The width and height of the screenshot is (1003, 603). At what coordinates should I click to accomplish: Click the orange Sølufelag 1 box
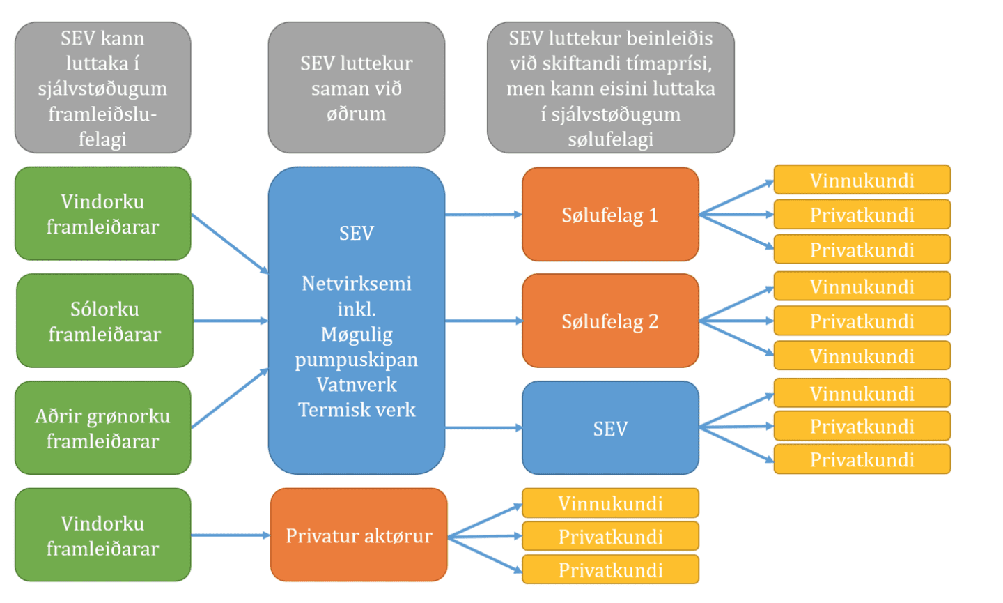click(x=610, y=215)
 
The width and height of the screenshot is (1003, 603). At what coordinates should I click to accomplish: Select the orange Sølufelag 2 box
click(x=610, y=321)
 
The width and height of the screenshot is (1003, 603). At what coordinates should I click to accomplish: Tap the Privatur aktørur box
click(x=359, y=535)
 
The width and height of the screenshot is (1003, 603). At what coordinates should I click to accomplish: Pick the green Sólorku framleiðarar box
click(x=104, y=321)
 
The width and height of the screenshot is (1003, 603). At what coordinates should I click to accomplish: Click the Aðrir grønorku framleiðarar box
click(x=103, y=428)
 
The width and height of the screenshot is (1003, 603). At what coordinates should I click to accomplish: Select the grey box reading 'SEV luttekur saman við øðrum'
click(x=356, y=88)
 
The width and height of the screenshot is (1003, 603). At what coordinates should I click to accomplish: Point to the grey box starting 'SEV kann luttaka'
click(x=102, y=88)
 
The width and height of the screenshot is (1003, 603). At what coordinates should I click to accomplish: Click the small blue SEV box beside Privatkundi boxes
click(x=610, y=428)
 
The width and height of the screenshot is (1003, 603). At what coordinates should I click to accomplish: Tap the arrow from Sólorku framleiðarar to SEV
click(x=230, y=321)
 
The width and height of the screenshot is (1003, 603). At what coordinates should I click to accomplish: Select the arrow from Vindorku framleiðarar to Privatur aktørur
click(x=230, y=535)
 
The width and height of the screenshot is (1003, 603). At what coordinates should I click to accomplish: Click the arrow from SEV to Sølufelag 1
click(x=483, y=215)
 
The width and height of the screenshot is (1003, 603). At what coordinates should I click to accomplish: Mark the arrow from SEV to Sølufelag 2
click(x=483, y=321)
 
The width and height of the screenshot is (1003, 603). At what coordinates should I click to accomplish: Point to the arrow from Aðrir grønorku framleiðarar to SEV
click(x=230, y=398)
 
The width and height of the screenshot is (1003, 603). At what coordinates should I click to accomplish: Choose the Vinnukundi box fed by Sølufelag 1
click(x=862, y=180)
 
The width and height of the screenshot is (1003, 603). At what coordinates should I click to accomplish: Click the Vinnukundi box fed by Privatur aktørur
click(x=610, y=503)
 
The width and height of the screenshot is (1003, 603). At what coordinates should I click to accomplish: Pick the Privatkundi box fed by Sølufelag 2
click(x=862, y=321)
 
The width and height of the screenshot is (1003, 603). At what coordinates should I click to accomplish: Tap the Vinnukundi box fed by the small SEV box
click(x=862, y=393)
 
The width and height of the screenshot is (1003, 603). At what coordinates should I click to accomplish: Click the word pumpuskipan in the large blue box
click(x=357, y=360)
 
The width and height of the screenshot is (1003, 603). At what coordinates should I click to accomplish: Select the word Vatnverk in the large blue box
click(x=357, y=385)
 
